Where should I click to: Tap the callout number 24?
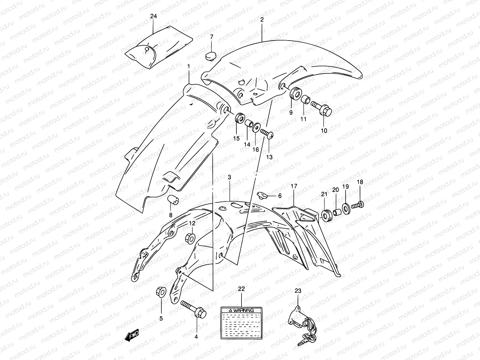(153, 16)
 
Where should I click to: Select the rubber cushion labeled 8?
(172, 199)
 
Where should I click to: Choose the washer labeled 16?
(256, 127)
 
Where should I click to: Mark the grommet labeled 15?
(239, 118)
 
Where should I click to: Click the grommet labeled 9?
(295, 93)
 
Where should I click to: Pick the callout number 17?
(293, 186)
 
